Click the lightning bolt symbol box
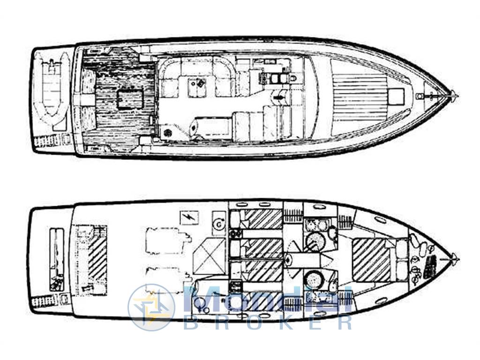click(189, 217)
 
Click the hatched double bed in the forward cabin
click(371, 260)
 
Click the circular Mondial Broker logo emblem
click(151, 307)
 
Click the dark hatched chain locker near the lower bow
click(430, 266)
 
